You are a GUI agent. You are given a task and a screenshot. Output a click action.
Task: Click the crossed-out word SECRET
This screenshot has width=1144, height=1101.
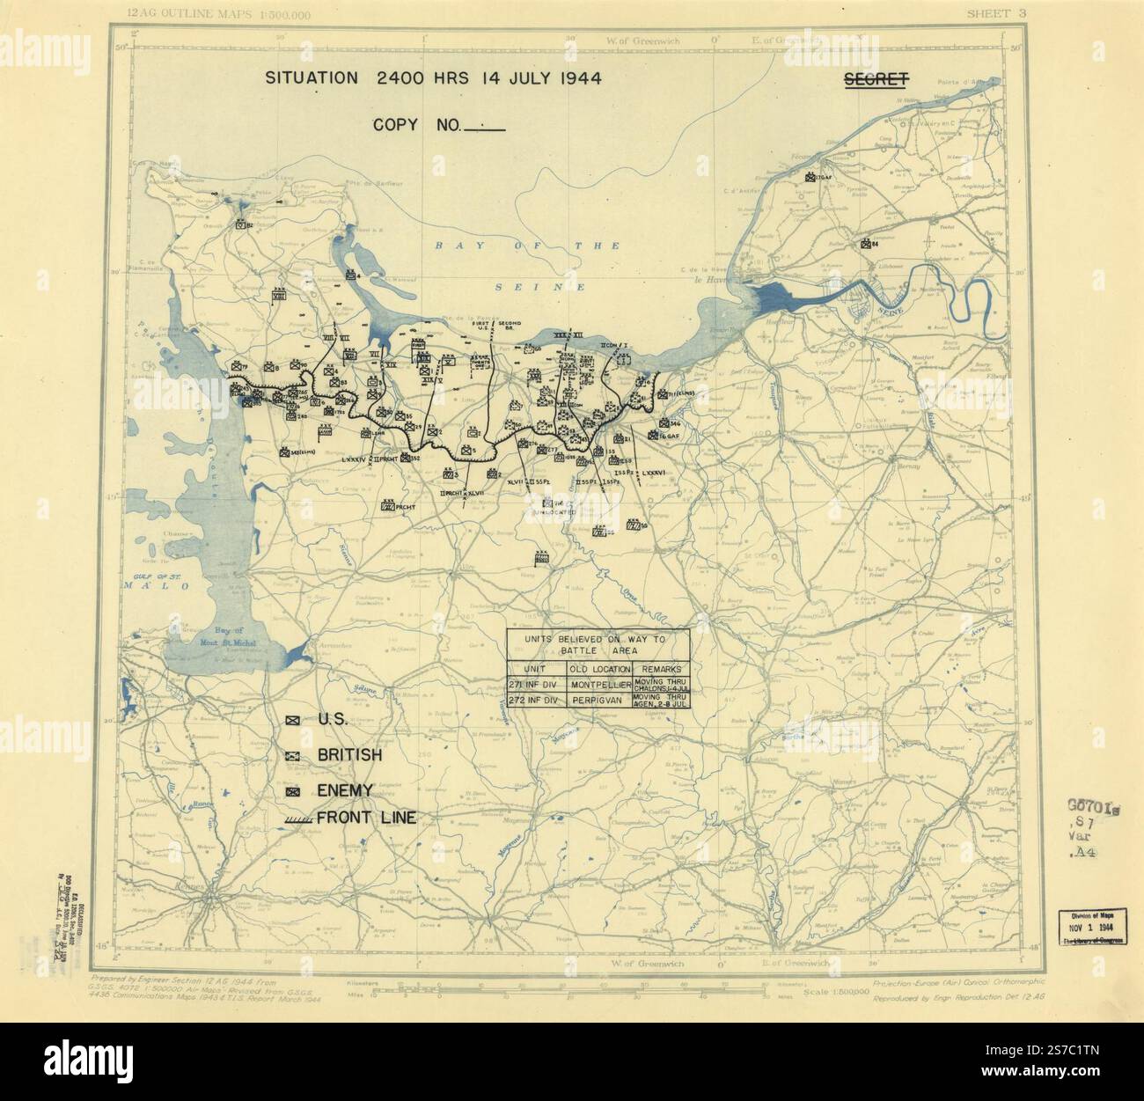tap(876, 79)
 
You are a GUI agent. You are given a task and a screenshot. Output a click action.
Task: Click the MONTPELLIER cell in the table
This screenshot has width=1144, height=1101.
tap(601, 684)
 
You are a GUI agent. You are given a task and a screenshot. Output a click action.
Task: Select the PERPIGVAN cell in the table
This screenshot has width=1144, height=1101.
tap(601, 701)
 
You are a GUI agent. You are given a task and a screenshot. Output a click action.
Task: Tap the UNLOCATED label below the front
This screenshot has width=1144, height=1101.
tap(554, 510)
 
